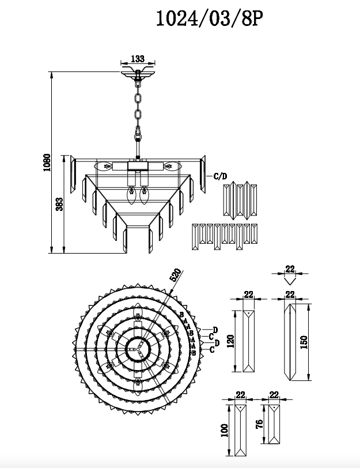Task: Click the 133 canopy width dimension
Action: tap(137, 58)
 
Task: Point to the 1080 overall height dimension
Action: tap(47, 163)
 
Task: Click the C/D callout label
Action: tap(220, 176)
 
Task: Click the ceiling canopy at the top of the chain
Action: tap(138, 73)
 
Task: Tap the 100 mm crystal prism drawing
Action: tap(240, 430)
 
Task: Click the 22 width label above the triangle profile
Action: tap(290, 269)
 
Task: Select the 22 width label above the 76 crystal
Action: tap(274, 395)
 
